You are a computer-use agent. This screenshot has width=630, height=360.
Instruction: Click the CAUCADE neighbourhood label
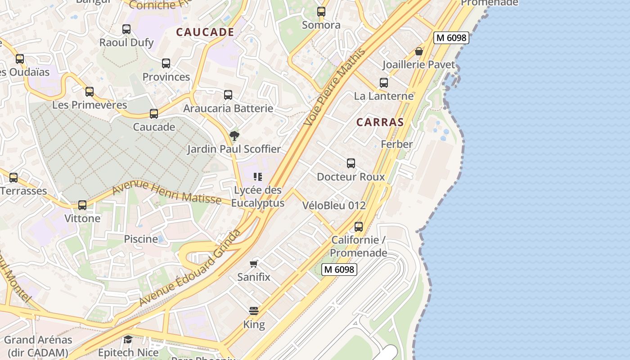205,32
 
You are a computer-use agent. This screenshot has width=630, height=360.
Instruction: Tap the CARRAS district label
380,122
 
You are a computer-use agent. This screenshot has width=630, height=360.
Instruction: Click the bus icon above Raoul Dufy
126,29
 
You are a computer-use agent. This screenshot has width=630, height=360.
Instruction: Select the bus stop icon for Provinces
166,63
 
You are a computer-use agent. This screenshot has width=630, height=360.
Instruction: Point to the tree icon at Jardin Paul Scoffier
234,135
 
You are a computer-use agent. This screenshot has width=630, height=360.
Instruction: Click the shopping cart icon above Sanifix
254,264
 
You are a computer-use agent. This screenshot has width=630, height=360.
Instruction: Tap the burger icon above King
254,311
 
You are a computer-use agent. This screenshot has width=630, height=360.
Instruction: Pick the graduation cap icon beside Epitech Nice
128,339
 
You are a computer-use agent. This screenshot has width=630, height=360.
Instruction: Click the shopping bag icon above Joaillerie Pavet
419,51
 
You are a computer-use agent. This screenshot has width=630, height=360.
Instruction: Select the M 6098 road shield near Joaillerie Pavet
451,38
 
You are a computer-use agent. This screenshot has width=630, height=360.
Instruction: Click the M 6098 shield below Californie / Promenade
339,270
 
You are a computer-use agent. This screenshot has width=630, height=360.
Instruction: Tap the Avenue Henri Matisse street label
166,192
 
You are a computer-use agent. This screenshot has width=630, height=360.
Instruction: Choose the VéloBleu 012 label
334,205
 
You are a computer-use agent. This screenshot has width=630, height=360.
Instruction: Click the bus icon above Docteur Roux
351,163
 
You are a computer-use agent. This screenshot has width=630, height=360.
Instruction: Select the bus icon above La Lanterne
384,83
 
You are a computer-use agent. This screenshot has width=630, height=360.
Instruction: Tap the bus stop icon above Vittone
82,205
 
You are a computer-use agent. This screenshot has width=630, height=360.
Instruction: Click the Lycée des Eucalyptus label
258,197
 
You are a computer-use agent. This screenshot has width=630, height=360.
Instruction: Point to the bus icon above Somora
321,12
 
